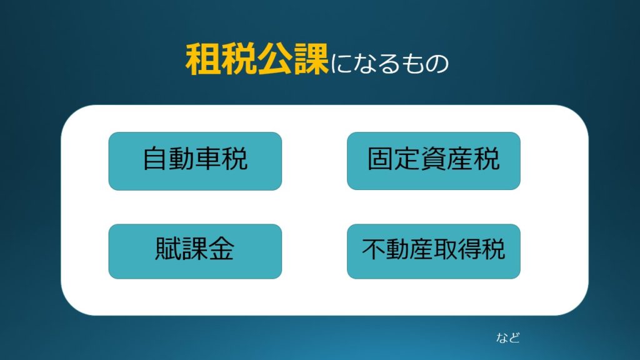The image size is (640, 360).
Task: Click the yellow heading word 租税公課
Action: pos(257,59)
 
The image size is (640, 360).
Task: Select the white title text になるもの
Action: pos(389,64)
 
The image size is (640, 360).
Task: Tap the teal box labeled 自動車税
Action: pos(195,161)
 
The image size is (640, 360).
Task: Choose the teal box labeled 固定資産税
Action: pos(434,161)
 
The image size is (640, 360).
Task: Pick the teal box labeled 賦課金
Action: pos(195,251)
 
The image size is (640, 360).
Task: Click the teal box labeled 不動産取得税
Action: pos(434,251)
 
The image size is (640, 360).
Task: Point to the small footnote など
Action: pos(508,337)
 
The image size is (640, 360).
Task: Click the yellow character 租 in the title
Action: pos(203,59)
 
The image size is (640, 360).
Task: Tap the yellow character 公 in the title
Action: pos(275,59)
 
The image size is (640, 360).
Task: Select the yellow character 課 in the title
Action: pos(311,59)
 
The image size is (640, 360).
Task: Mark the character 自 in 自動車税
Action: pos(156,159)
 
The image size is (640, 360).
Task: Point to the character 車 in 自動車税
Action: pos(208,159)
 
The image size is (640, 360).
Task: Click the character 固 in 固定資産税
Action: pos(381,159)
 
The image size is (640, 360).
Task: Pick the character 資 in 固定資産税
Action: pos(434,159)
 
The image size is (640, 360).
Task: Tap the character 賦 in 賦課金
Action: pos(169,249)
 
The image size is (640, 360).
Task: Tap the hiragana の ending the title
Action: pos(437,64)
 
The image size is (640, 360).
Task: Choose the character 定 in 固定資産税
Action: pos(407,159)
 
